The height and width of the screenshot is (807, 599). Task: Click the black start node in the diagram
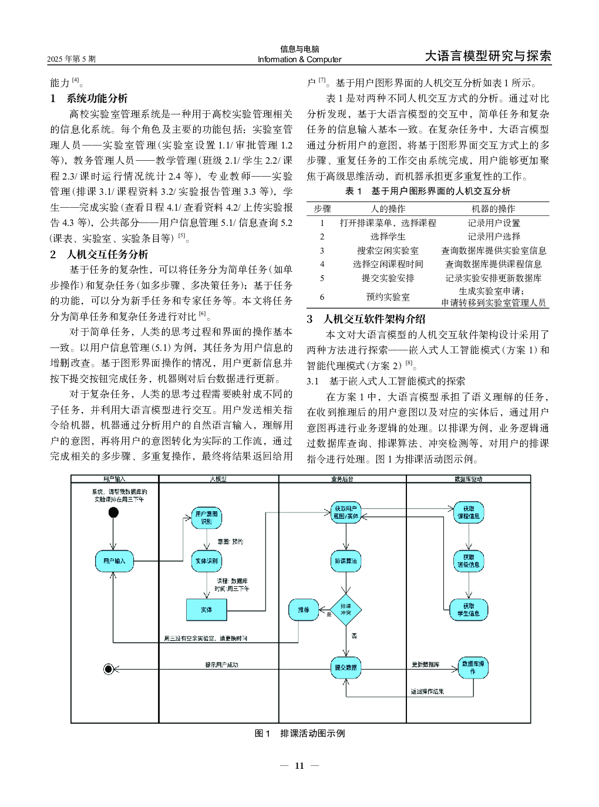[113, 512]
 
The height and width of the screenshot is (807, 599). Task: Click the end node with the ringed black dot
[109, 668]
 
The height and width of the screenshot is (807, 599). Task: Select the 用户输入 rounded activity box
[114, 561]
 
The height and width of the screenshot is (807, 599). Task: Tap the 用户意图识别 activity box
[206, 517]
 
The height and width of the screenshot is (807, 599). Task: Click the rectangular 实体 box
[207, 610]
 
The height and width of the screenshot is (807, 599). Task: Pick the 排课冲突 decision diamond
[345, 610]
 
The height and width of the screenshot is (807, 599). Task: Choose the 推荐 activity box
[304, 610]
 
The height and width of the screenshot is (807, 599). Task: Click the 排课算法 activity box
[345, 561]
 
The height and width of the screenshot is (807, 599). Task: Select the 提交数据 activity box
[345, 667]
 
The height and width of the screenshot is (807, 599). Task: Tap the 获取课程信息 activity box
[468, 512]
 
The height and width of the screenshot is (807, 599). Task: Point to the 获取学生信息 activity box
[468, 610]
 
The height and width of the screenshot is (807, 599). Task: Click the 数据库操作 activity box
[473, 667]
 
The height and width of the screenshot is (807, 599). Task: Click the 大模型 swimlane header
[218, 479]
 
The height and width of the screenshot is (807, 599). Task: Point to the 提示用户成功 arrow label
[221, 665]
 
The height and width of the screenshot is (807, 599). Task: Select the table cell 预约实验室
[388, 297]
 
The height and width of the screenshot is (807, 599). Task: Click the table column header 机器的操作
[493, 208]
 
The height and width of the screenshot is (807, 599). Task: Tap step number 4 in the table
[322, 264]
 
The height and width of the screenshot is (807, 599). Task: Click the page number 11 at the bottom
[299, 765]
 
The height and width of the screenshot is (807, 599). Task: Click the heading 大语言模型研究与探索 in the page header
[488, 56]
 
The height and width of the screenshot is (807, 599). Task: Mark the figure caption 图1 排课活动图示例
[299, 733]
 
